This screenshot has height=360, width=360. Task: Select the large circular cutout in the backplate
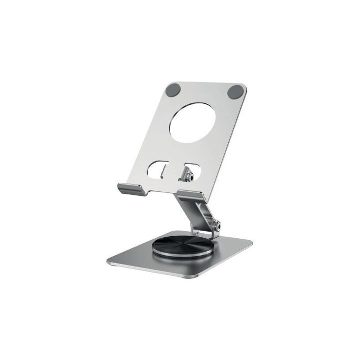tap(189, 122)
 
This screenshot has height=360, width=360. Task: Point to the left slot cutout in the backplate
tap(160, 169)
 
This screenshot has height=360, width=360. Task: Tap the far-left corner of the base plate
tap(107, 260)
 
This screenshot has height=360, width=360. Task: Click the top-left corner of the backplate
tap(166, 84)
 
